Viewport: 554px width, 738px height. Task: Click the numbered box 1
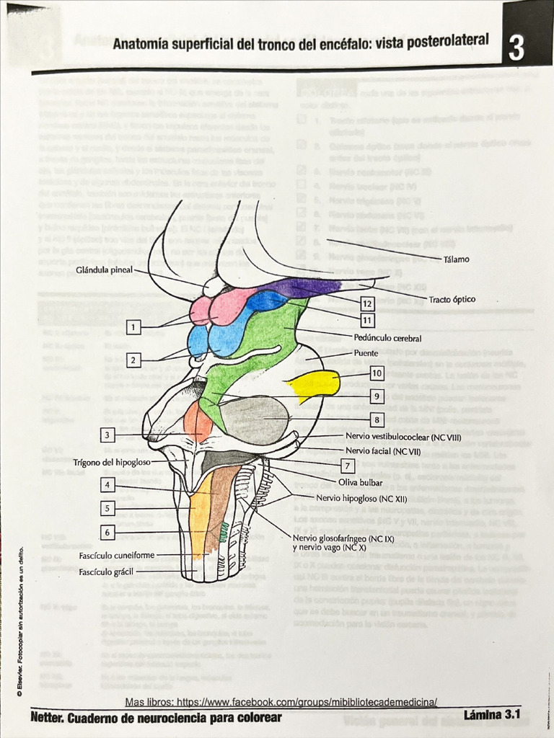[x=133, y=328]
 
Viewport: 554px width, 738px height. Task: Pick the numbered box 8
[x=377, y=419]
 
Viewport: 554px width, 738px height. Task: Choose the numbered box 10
[x=377, y=373]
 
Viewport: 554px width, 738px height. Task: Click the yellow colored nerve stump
[x=317, y=384]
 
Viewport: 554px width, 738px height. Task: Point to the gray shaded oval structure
[x=255, y=419]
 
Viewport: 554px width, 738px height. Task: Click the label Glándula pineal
[x=104, y=270]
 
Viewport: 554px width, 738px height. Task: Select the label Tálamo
[x=456, y=259]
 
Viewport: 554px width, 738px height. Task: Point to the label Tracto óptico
[x=452, y=299]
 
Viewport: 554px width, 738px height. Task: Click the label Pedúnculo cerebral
[x=388, y=337]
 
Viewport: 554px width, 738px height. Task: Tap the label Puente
[x=366, y=353]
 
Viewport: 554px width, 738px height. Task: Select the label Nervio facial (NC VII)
[x=382, y=450]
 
